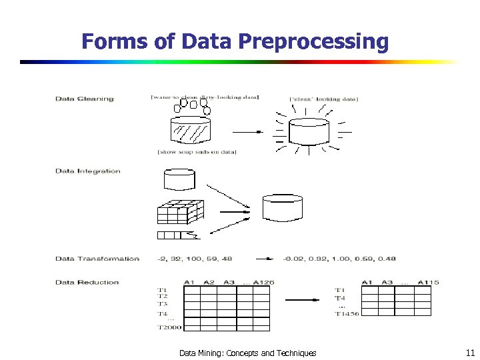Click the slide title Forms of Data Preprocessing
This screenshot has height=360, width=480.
coord(235,41)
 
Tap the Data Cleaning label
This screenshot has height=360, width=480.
coord(85,99)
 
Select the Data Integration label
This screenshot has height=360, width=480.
coord(88,171)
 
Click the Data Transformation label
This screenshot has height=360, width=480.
coord(97,259)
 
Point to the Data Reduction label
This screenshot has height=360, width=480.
coord(87,282)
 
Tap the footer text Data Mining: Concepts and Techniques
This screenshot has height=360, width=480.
coord(247,353)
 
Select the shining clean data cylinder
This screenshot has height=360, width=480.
coord(307,131)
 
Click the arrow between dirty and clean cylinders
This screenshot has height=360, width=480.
coord(248,131)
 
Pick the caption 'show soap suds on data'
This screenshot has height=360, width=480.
coord(197,152)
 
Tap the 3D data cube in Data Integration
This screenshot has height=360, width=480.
coord(179,211)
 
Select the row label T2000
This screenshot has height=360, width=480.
coord(169,327)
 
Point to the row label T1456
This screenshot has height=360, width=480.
coord(347,314)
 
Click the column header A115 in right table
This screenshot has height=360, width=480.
coord(428,282)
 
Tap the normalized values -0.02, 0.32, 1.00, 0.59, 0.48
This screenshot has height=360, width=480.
coord(339,259)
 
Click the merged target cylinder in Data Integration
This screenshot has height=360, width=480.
coord(283,209)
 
